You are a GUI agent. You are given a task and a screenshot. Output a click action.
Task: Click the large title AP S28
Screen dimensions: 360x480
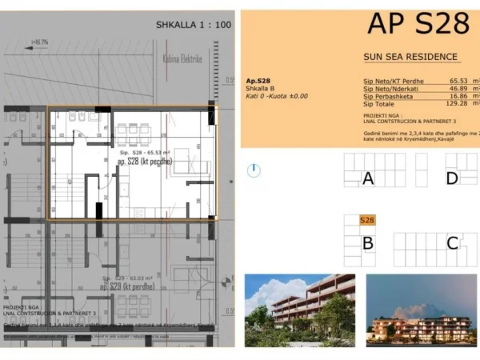tap(418, 24)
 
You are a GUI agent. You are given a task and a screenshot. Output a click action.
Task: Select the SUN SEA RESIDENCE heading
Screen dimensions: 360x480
tap(410, 57)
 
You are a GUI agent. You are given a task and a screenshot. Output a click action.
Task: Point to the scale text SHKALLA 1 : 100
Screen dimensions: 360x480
tap(194, 25)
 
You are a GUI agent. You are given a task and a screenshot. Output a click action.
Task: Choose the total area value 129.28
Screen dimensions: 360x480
tap(456, 104)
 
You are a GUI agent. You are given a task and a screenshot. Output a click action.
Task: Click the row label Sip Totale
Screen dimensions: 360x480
tap(379, 104)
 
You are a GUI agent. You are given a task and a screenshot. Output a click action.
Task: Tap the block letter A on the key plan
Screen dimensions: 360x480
tap(368, 178)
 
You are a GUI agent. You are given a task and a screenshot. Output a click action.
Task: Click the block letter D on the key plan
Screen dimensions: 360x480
tap(452, 178)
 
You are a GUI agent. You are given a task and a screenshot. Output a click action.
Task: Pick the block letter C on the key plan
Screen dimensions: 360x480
tap(452, 243)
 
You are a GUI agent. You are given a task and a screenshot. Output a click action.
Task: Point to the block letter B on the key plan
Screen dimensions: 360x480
tap(368, 243)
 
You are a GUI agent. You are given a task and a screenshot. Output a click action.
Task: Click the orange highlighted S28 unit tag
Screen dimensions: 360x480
tap(367, 220)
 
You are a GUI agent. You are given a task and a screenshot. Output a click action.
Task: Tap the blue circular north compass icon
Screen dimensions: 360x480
tap(254, 170)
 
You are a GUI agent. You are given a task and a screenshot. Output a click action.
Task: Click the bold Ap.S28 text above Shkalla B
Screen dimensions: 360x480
tap(258, 81)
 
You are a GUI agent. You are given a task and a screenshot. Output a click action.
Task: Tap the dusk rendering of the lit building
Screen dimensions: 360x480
tap(421, 308)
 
